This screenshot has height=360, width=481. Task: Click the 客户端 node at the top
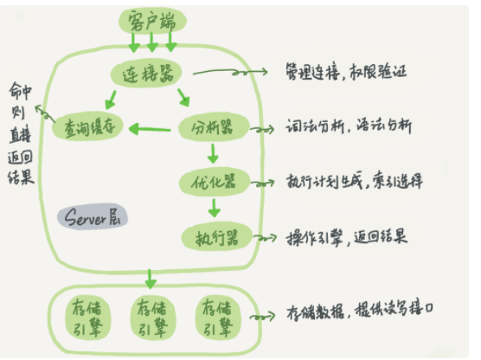(152, 21)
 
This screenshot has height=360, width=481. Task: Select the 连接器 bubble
(146, 74)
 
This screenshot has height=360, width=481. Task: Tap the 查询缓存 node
(87, 126)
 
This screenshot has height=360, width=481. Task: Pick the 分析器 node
(214, 126)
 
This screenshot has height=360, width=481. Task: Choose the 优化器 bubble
(215, 182)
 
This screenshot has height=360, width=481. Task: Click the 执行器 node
(216, 237)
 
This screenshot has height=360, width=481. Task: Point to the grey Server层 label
(93, 216)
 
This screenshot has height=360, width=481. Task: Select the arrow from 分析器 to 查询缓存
(150, 129)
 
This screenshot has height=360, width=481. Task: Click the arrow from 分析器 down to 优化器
(213, 153)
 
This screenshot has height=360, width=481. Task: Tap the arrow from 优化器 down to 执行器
(214, 208)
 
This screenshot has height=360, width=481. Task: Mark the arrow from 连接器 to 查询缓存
(111, 100)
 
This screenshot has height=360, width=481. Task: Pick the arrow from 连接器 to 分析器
(183, 98)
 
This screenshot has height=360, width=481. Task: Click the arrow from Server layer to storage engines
(150, 279)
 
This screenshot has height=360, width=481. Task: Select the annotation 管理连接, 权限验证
(346, 72)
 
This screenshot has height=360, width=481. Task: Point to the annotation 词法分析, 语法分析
(349, 125)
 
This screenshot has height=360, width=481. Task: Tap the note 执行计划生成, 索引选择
(355, 181)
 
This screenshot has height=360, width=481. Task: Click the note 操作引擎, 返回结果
(347, 237)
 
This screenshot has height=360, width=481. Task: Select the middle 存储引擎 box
(152, 318)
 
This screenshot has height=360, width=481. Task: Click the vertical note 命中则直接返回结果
(20, 133)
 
